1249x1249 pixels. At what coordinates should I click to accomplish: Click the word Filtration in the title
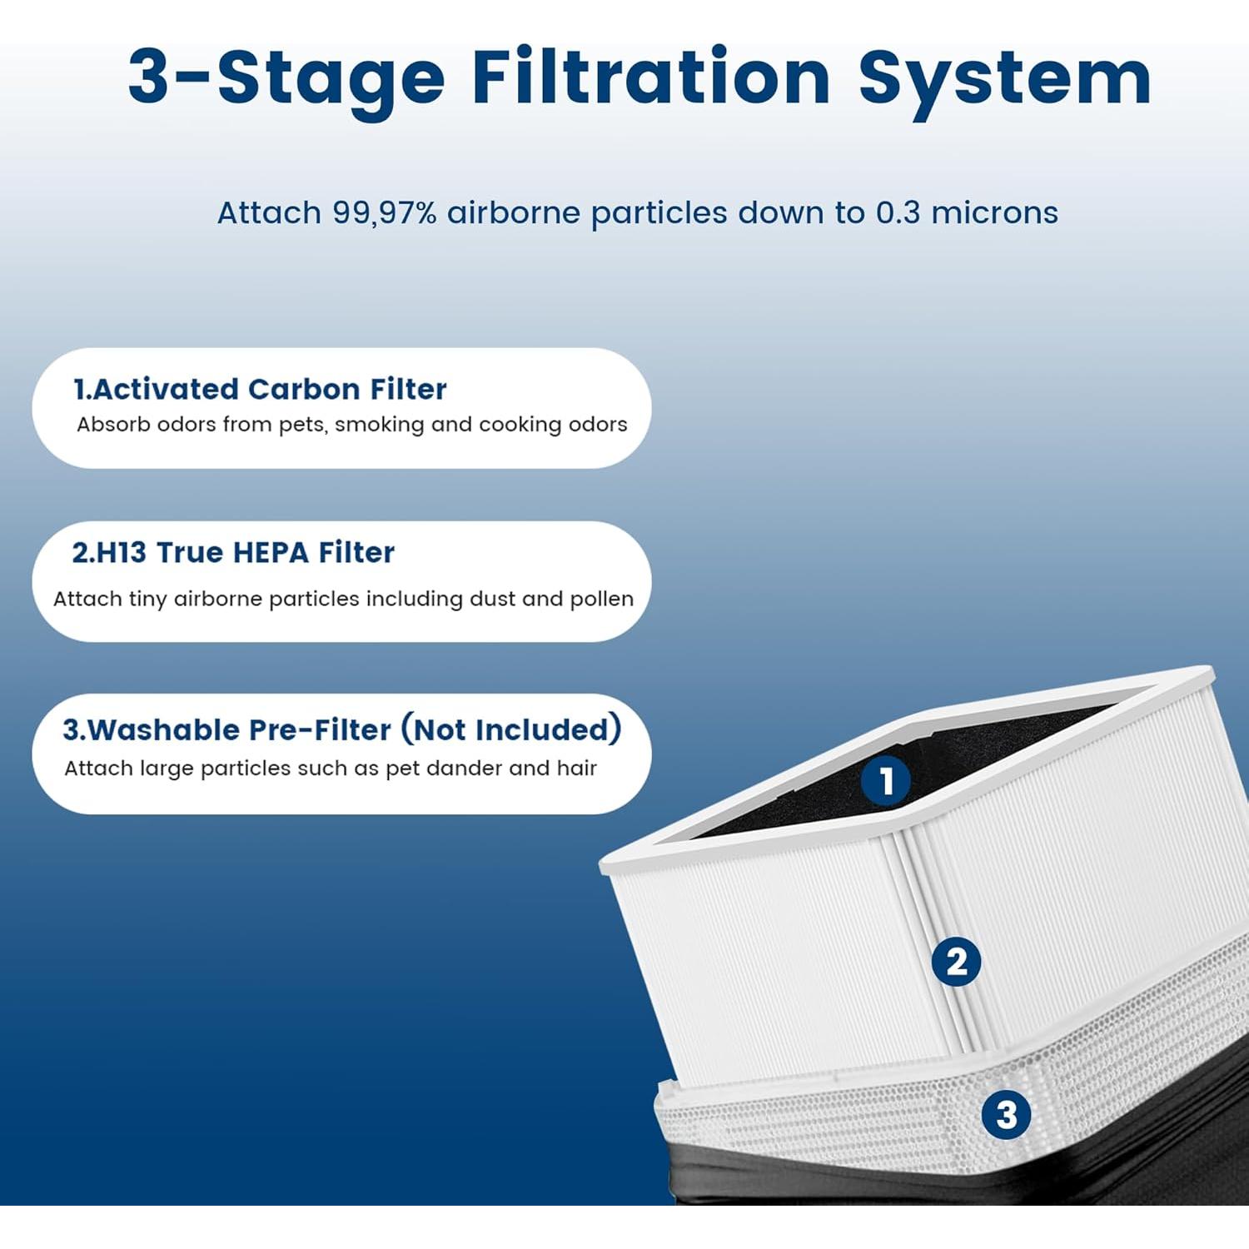tap(651, 77)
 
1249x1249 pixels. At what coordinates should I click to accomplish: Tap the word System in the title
tap(1005, 77)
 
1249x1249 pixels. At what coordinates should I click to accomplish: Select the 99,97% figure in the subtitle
tap(385, 213)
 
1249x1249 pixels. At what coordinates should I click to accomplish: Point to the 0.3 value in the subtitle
tap(898, 213)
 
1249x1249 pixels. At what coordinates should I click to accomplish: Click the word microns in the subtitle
tap(994, 213)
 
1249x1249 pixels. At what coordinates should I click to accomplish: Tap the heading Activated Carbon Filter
tap(260, 389)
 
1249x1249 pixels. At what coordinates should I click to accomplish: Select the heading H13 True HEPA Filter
tap(233, 553)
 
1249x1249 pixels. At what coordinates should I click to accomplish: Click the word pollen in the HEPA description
tap(601, 599)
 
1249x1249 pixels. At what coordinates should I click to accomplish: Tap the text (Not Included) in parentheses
tap(511, 729)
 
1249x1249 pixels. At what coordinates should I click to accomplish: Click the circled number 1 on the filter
tap(885, 781)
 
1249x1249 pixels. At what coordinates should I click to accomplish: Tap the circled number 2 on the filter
tap(956, 963)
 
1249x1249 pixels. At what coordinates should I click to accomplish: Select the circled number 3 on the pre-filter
tap(1006, 1115)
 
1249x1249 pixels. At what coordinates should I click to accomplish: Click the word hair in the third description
tap(576, 768)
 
